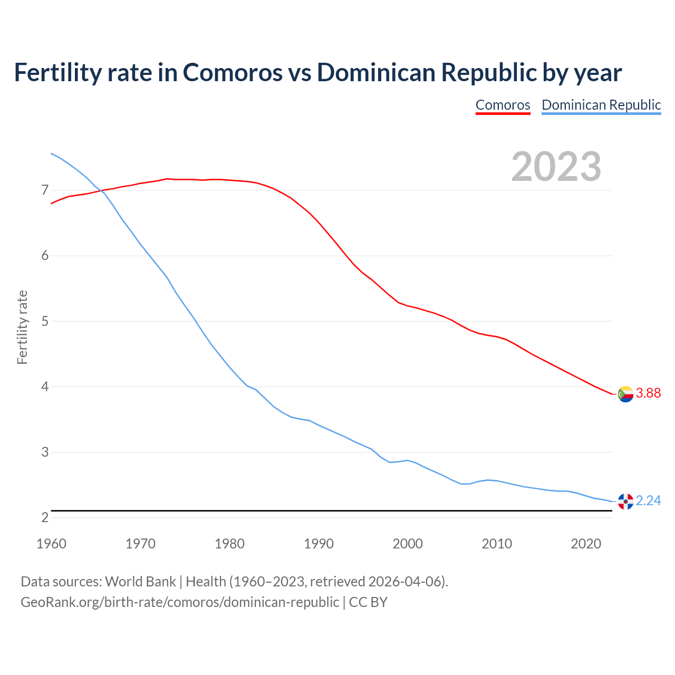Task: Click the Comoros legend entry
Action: tap(503, 105)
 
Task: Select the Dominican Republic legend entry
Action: tap(601, 105)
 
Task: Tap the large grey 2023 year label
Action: tap(556, 167)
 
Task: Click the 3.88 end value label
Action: tap(648, 393)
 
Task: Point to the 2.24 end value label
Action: tap(648, 500)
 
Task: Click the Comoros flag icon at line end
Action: tap(625, 394)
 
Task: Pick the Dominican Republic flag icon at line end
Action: tap(625, 502)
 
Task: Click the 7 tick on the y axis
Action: tap(45, 190)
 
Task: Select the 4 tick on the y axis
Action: tap(45, 387)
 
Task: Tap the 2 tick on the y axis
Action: tap(45, 517)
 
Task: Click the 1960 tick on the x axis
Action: tap(51, 544)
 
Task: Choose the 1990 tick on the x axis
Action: tap(319, 544)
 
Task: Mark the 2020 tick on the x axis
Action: tap(586, 544)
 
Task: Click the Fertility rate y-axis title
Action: tap(22, 327)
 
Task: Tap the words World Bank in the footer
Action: tap(140, 582)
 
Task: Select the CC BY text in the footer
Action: tap(368, 602)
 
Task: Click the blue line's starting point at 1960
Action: tap(51, 153)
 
